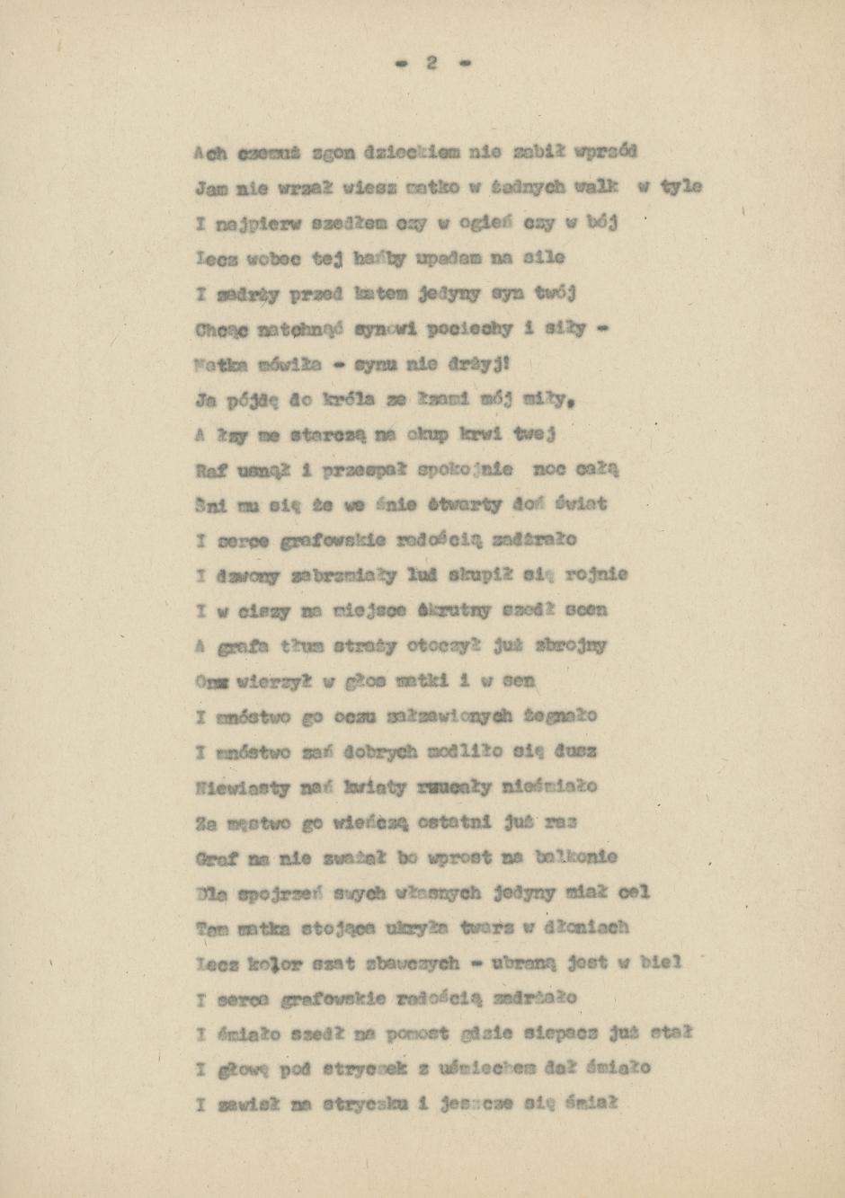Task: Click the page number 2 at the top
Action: click(431, 63)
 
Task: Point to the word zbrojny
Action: click(573, 646)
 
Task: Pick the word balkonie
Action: click(575, 857)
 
